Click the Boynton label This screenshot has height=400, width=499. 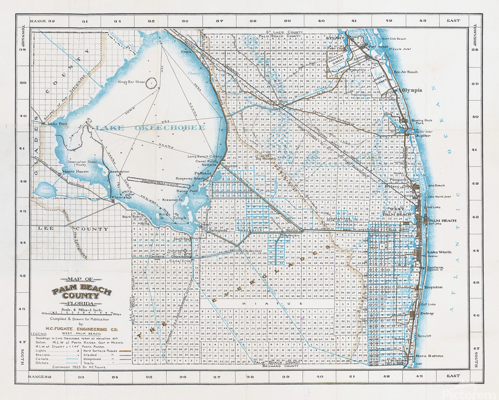click(434, 287)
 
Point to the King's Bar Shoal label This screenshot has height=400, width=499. click(130, 82)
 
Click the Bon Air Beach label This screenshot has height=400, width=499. click(406, 72)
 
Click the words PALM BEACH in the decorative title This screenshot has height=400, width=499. click(82, 291)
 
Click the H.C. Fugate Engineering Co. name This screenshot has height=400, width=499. click(82, 328)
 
